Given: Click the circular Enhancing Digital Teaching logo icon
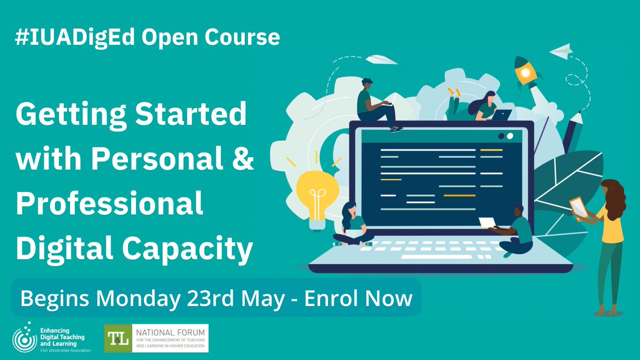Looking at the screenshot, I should click(25, 338).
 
